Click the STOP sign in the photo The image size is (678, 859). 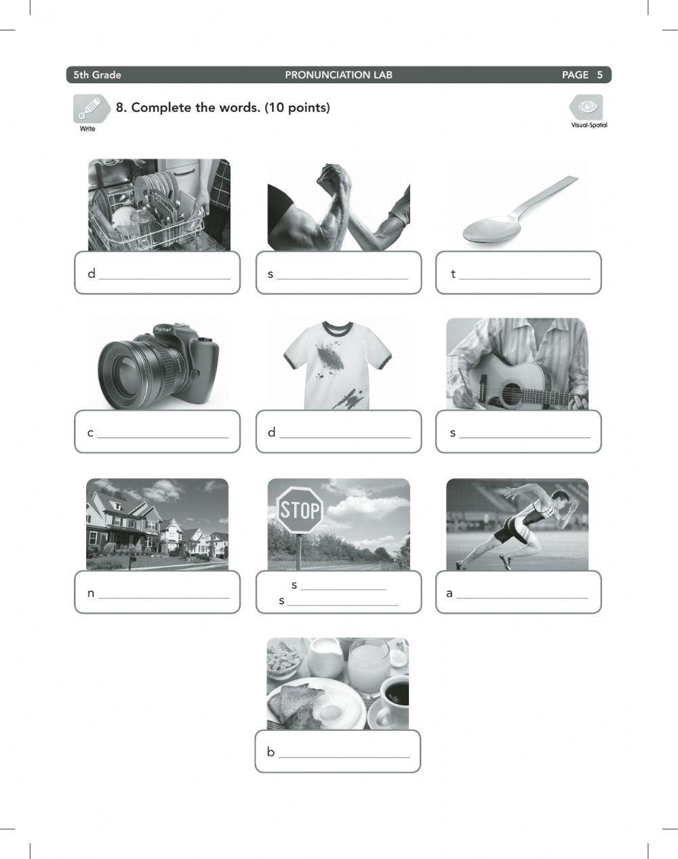299,509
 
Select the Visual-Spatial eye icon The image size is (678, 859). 586,107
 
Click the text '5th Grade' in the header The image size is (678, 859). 97,75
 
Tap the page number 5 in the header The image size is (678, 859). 599,75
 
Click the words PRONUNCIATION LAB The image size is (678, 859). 338,75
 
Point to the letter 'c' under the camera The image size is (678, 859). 90,433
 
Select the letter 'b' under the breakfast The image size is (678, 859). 271,752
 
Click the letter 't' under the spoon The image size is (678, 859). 453,274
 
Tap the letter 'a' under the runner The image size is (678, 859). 449,593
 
